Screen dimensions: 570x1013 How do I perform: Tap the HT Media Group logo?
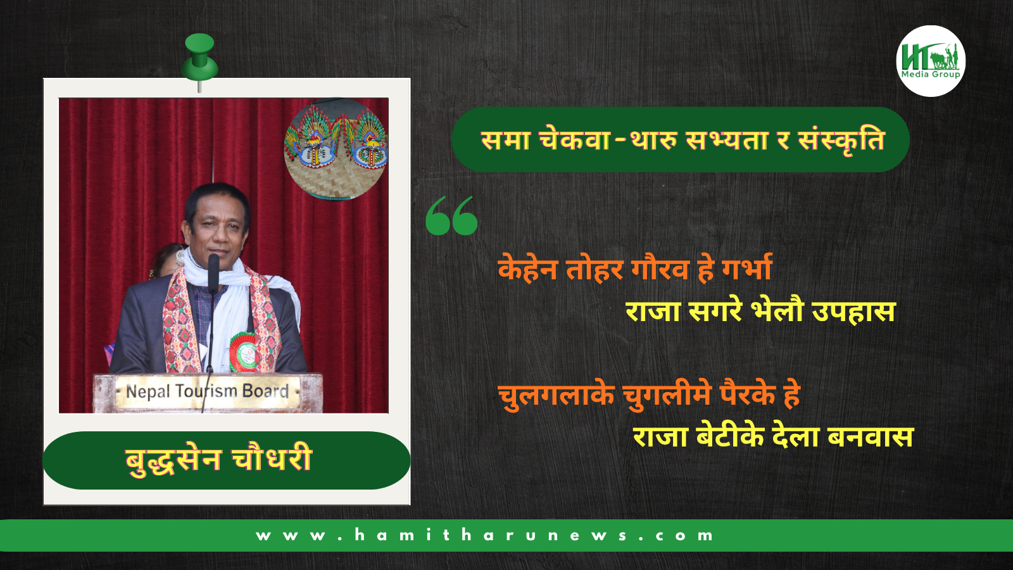point(931,61)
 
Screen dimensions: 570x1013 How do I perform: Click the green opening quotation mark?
point(451,216)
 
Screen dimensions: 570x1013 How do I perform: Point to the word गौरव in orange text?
point(660,269)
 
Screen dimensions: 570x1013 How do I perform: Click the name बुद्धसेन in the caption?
point(173,460)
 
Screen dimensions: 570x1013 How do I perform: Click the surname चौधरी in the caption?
point(272,459)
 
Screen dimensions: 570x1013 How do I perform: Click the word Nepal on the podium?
point(148,392)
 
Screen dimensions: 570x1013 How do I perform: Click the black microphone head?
point(213,265)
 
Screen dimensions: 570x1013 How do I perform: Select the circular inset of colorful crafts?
point(336,149)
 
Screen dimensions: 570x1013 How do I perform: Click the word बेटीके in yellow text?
point(730,437)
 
